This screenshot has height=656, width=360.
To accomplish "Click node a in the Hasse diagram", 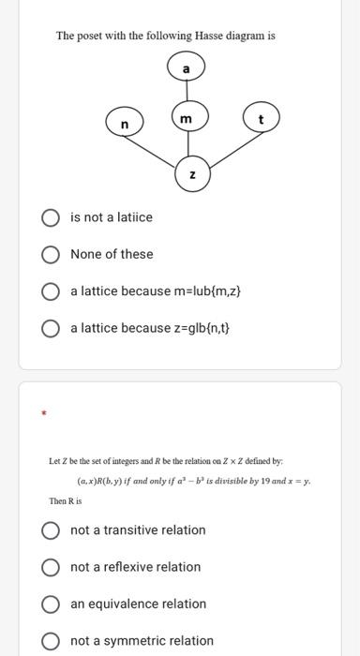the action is pyautogui.click(x=186, y=69).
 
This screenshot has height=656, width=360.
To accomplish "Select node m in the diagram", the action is pyautogui.click(x=186, y=118).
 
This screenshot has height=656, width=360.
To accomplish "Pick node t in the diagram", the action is pyautogui.click(x=261, y=120).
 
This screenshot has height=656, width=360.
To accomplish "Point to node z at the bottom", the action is pyautogui.click(x=191, y=174).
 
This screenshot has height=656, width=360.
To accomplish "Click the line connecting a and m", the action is pyautogui.click(x=186, y=94).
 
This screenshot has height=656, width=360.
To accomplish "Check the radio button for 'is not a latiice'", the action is pyautogui.click(x=51, y=217).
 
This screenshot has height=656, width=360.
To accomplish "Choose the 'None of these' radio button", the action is pyautogui.click(x=51, y=254).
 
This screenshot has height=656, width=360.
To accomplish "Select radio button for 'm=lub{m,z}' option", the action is pyautogui.click(x=51, y=291).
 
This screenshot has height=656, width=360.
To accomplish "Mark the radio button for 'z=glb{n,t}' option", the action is pyautogui.click(x=51, y=328).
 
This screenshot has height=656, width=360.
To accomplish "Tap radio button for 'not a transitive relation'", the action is pyautogui.click(x=51, y=529).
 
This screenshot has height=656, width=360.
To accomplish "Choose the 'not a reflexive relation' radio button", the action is pyautogui.click(x=51, y=567).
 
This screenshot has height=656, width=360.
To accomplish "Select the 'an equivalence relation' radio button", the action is pyautogui.click(x=51, y=604).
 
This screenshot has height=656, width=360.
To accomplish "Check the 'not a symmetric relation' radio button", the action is pyautogui.click(x=51, y=641).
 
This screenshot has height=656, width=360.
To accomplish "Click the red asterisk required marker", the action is pyautogui.click(x=40, y=412).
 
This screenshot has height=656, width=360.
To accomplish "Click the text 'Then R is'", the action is pyautogui.click(x=65, y=501).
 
